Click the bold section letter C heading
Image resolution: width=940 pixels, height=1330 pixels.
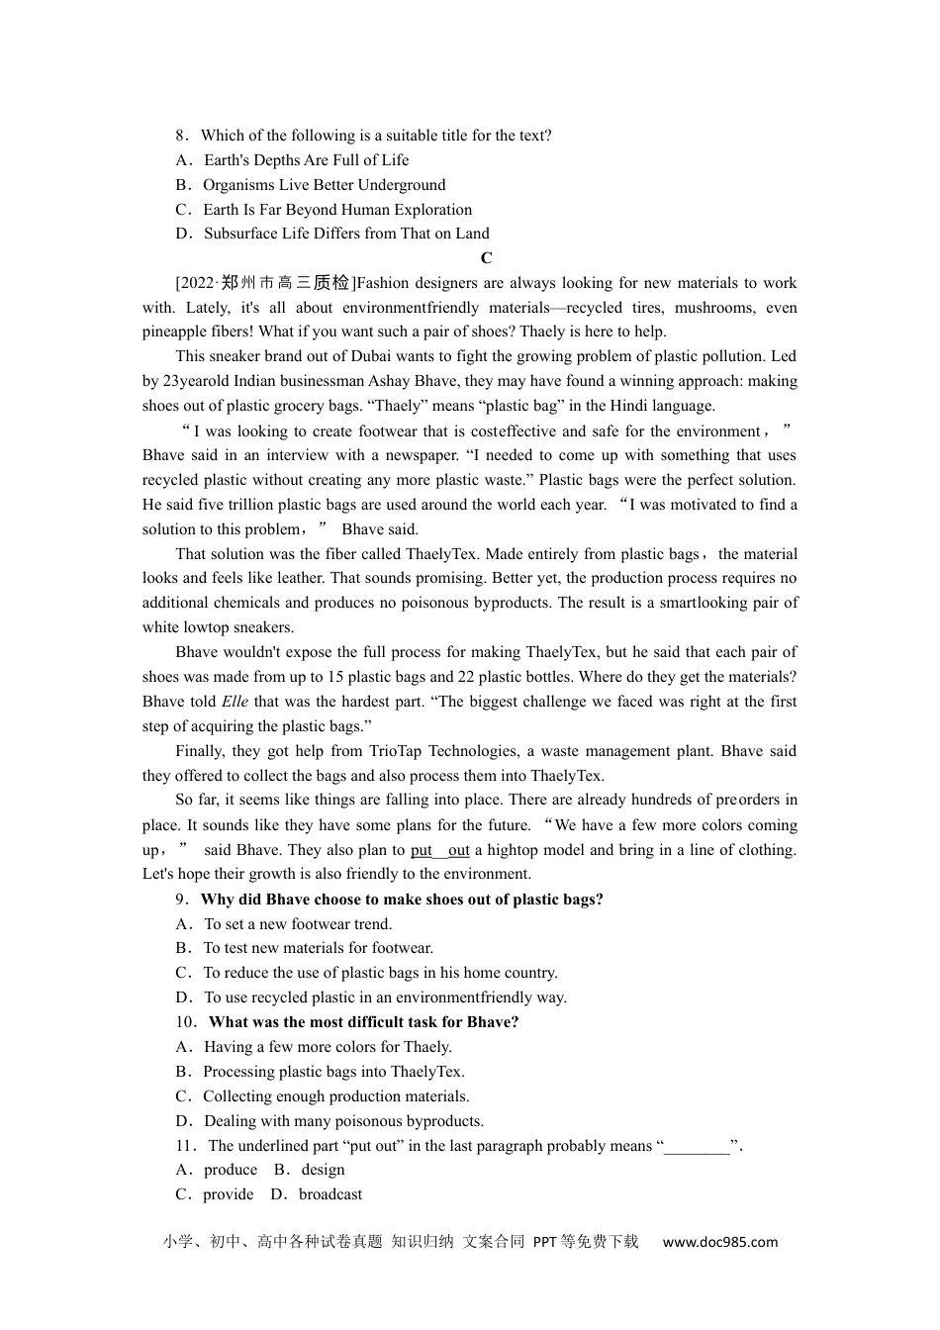(486, 258)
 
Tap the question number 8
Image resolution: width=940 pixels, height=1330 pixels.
(180, 136)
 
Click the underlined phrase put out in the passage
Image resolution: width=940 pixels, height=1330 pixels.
(439, 850)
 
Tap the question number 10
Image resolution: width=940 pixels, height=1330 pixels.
(185, 1022)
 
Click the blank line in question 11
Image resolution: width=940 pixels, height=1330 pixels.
(697, 1146)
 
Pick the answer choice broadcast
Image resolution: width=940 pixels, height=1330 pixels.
(329, 1194)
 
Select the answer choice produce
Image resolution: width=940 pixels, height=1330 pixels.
(230, 1170)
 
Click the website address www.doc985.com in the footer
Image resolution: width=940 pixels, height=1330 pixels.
(719, 1242)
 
